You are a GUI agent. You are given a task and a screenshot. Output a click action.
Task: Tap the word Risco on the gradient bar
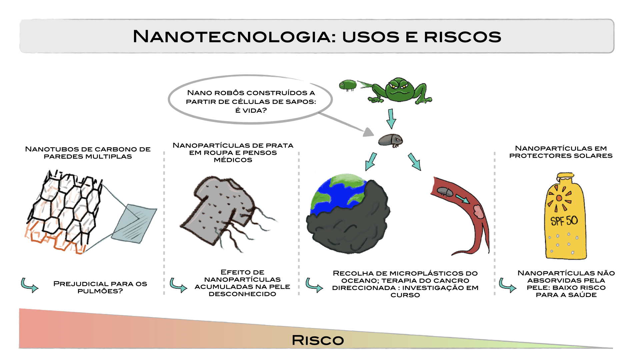click(x=318, y=340)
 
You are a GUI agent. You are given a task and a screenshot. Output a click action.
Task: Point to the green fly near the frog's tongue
click(x=348, y=85)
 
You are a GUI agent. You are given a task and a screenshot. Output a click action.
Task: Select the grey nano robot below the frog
click(x=390, y=140)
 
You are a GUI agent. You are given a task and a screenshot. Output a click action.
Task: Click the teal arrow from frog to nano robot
click(x=391, y=119)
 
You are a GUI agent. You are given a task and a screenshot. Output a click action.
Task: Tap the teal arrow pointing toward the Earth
click(x=371, y=162)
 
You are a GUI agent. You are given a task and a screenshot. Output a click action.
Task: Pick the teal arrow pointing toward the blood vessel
click(x=415, y=162)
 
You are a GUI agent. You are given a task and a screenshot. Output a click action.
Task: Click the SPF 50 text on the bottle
click(x=564, y=221)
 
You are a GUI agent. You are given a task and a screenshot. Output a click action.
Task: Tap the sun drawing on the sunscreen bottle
click(x=559, y=198)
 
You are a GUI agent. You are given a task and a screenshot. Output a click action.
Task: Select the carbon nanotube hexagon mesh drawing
click(x=63, y=210)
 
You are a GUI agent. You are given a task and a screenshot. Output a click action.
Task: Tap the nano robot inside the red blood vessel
click(x=445, y=192)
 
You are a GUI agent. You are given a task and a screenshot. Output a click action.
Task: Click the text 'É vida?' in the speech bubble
click(x=251, y=110)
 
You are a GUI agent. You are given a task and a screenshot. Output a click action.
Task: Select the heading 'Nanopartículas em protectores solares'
click(x=561, y=152)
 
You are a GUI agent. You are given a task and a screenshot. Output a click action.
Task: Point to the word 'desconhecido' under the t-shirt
click(x=242, y=294)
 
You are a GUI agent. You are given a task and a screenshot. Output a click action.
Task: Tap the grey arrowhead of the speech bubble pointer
click(x=369, y=132)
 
